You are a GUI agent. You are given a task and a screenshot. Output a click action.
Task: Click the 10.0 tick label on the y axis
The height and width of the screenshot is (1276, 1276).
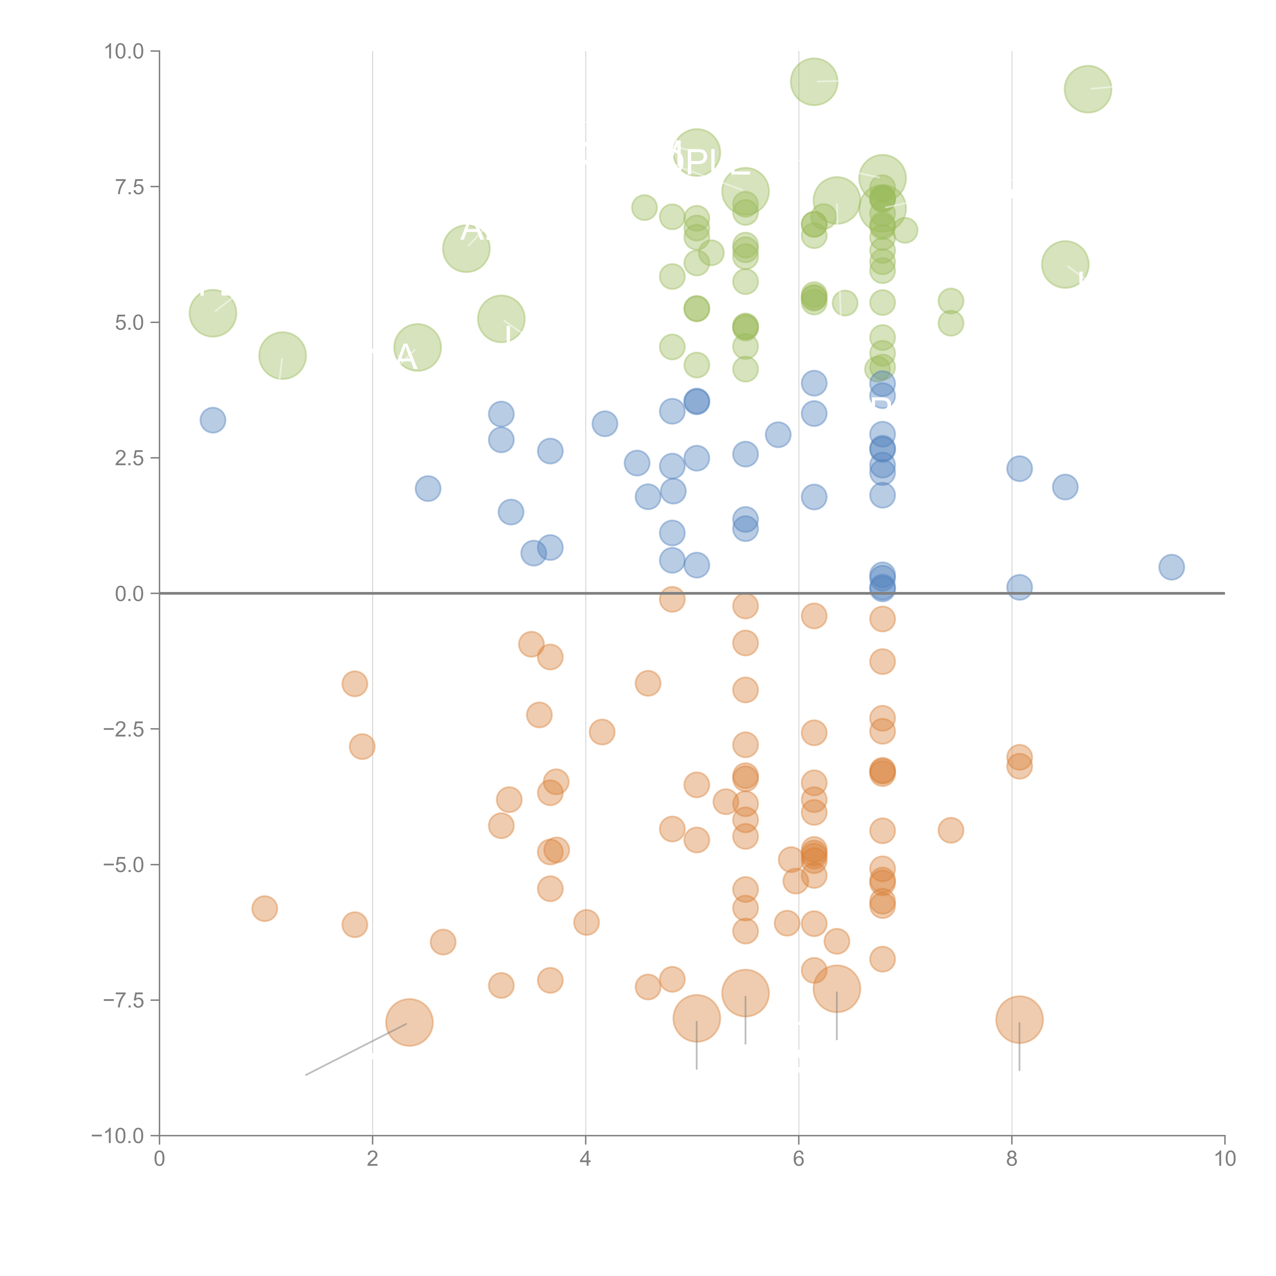click(x=124, y=52)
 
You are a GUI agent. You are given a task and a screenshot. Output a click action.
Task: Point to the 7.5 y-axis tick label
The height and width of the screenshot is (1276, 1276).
click(x=129, y=187)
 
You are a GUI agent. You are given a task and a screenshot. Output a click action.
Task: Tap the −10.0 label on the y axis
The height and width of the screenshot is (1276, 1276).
click(x=118, y=1136)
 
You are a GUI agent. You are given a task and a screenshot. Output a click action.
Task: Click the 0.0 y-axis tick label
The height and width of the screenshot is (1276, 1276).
click(x=129, y=594)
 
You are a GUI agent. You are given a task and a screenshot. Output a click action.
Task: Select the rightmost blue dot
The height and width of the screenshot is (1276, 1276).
click(x=1171, y=567)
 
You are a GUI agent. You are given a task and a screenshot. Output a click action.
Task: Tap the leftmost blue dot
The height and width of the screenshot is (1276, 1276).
click(x=213, y=420)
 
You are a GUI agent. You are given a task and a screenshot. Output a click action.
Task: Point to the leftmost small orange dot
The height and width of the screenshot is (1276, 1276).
click(x=264, y=909)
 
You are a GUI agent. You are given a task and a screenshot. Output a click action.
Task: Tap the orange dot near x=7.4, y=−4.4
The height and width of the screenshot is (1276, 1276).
click(x=950, y=830)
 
